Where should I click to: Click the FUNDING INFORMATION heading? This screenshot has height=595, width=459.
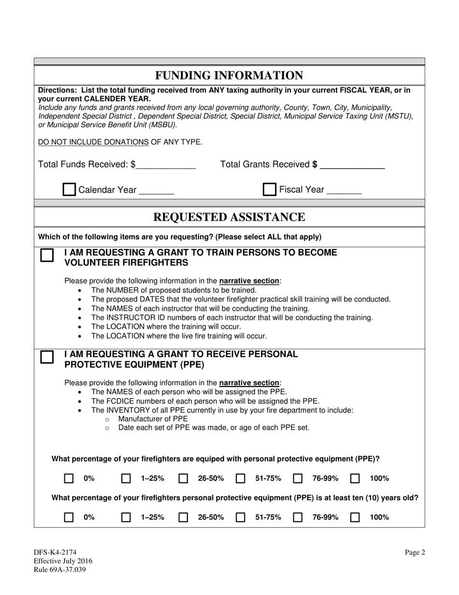[229, 75]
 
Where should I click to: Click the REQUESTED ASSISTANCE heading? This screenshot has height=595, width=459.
[229, 217]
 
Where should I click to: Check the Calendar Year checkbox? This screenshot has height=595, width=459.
[70, 190]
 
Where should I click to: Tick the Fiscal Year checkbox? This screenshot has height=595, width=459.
[269, 189]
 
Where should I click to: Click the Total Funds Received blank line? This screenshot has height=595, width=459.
[166, 165]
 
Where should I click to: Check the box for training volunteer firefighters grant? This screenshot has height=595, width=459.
[47, 255]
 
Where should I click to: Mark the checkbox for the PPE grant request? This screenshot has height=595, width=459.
[47, 357]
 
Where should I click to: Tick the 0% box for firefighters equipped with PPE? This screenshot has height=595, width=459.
[69, 479]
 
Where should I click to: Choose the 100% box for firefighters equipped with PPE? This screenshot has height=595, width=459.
[355, 479]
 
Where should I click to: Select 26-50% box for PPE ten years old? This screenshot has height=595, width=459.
[183, 517]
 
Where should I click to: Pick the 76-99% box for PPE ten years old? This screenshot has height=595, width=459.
[298, 517]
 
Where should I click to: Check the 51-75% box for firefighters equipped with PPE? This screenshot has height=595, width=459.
[241, 479]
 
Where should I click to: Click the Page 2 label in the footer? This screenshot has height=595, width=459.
[415, 552]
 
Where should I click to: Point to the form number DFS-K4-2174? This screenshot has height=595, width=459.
[55, 552]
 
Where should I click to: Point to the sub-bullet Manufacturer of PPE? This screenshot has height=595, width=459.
[153, 418]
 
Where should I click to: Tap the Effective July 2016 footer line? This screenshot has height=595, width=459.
[63, 561]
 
